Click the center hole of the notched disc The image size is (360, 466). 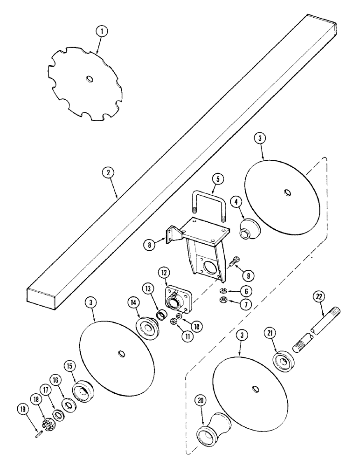pos(88,80)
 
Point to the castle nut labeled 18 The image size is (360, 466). pos(48,412)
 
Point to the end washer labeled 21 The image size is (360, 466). pos(282,362)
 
